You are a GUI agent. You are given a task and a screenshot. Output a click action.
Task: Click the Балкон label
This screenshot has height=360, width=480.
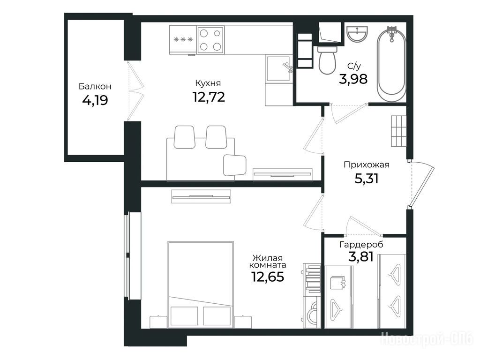click(x=95, y=86)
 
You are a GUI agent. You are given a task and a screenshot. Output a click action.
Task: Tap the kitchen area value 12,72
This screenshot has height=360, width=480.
click(x=209, y=97)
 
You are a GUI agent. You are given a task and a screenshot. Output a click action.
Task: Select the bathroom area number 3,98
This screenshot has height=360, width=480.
click(x=353, y=79)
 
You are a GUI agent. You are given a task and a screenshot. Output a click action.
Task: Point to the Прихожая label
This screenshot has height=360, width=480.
click(x=367, y=165)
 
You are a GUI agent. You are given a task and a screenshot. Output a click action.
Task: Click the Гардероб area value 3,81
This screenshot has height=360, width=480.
click(x=361, y=257)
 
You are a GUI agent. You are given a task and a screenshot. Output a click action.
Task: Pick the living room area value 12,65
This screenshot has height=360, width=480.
click(x=268, y=277)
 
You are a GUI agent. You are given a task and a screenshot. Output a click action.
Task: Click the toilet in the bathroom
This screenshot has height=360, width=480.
click(x=327, y=60)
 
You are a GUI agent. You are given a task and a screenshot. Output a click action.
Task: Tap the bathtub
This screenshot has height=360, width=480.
click(x=391, y=65)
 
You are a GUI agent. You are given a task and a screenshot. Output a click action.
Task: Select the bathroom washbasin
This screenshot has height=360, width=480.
click(x=357, y=33)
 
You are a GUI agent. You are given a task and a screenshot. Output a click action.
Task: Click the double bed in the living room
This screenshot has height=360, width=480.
click(x=201, y=285)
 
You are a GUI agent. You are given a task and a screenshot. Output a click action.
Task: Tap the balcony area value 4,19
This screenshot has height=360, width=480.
click(x=95, y=100)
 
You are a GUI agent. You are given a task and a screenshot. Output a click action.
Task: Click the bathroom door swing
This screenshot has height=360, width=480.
click(x=349, y=114)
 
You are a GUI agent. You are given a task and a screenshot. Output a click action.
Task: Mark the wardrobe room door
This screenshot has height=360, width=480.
click(x=364, y=227)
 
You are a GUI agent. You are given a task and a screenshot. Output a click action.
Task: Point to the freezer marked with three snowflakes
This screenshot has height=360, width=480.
click(x=183, y=40)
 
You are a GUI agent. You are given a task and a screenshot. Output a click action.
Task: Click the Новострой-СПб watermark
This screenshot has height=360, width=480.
click(x=427, y=339)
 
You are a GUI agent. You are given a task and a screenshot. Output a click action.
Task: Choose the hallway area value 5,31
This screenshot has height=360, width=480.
click(x=367, y=179)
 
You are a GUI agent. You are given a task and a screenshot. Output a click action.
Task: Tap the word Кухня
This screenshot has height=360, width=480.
click(x=208, y=83)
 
